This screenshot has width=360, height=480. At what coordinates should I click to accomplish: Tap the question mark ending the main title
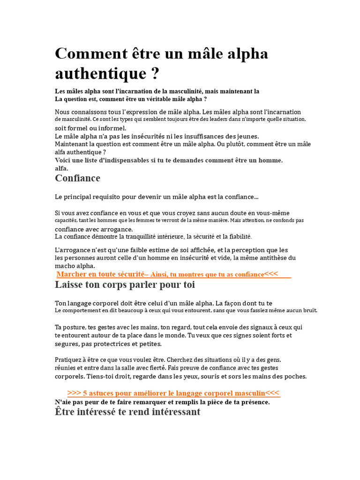155,74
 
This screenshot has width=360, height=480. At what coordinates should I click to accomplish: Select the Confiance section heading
77,178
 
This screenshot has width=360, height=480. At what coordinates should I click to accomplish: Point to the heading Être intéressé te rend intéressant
127,412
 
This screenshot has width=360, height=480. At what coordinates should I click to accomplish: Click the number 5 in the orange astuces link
85,393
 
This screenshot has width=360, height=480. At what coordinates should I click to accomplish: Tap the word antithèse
272,258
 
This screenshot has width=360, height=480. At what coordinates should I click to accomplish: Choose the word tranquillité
127,237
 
